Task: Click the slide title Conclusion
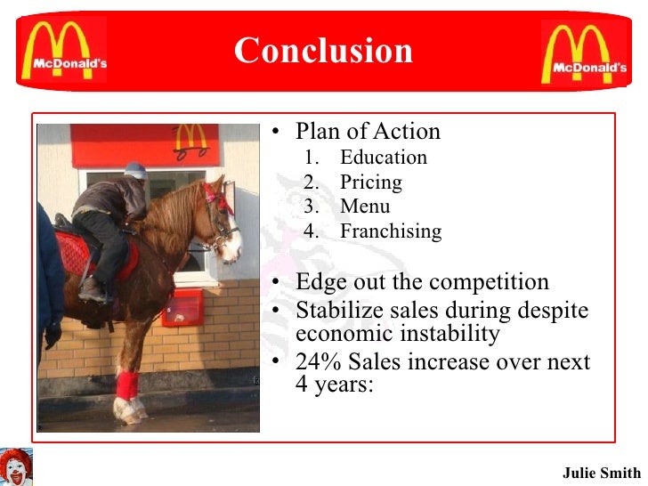tap(323, 51)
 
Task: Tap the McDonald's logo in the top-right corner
tap(584, 52)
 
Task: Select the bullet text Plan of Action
tap(368, 132)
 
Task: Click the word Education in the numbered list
tap(383, 158)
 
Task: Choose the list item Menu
tap(365, 207)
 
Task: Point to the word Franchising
tap(390, 231)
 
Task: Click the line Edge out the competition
tap(422, 282)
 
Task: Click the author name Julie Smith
tap(601, 472)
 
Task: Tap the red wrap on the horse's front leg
tap(127, 385)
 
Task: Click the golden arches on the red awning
tap(190, 137)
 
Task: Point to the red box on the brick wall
tap(182, 307)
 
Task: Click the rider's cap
tap(136, 170)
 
